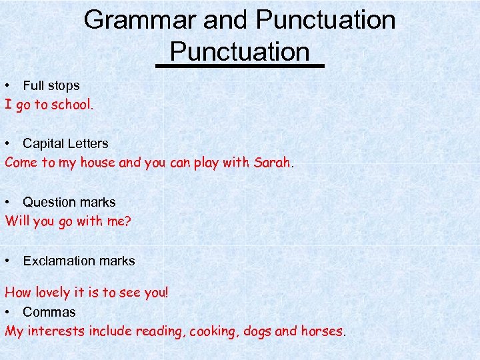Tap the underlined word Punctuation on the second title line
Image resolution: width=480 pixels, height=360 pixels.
(x=239, y=51)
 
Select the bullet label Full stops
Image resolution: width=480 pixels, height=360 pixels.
(x=51, y=85)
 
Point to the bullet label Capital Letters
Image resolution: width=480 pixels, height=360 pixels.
(x=65, y=143)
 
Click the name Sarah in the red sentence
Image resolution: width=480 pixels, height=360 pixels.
(x=272, y=163)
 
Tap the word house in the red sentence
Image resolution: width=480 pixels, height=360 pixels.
(x=97, y=163)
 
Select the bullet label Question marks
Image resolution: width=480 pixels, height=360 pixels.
(x=69, y=202)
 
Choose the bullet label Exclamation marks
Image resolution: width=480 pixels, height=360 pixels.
(x=79, y=261)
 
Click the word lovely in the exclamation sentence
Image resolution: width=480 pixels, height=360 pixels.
(x=52, y=293)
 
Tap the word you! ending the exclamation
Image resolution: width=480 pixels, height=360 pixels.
(x=157, y=293)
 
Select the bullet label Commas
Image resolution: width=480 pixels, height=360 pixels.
(x=49, y=312)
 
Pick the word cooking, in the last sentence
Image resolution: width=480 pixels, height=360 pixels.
(x=215, y=331)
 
